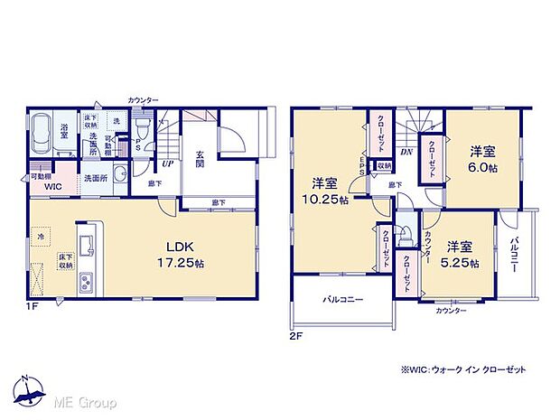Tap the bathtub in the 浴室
[x=42, y=133]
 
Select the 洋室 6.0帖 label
[x=481, y=160]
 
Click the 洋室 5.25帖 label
[x=459, y=254]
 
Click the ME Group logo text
[x=85, y=401]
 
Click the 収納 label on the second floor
[x=384, y=166]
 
